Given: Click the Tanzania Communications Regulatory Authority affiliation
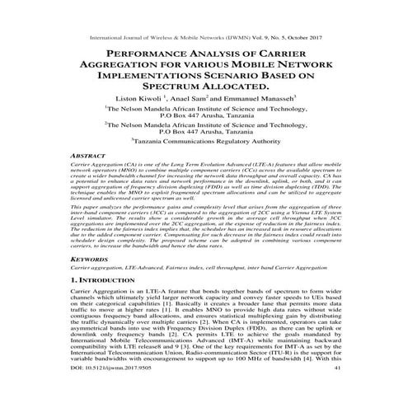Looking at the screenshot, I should (x=206, y=141).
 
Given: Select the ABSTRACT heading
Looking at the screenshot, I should (x=91, y=155).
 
